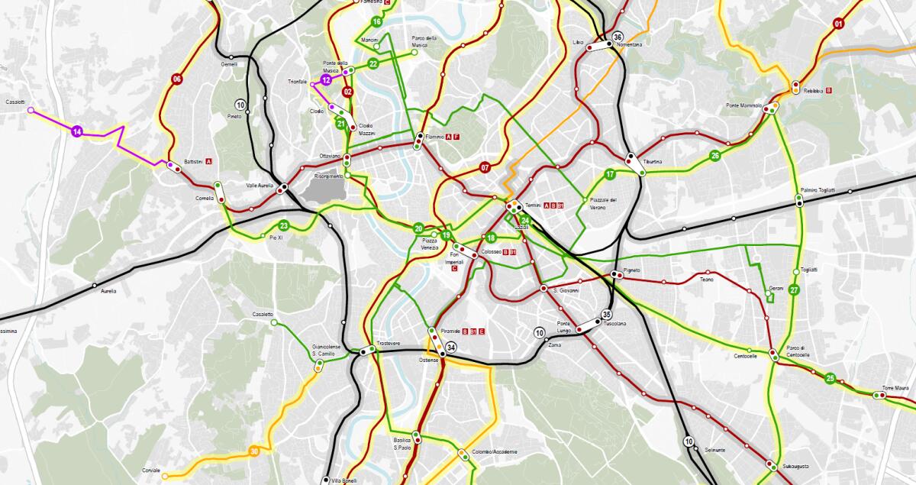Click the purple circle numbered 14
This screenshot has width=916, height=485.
(x=77, y=132)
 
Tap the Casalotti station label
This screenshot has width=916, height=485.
(x=15, y=102)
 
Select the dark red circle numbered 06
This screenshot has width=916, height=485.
(x=177, y=79)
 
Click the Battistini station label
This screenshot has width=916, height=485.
(x=193, y=161)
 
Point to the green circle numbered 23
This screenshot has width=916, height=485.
(x=283, y=225)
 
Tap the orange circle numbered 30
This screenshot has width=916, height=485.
(x=254, y=451)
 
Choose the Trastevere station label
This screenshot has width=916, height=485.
(x=389, y=344)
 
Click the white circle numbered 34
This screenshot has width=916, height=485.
(x=451, y=348)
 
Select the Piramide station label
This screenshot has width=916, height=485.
(x=450, y=331)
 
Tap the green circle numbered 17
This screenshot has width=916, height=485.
(x=610, y=174)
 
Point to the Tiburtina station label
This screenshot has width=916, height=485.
(x=653, y=162)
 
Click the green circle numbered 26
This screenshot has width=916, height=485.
(x=715, y=156)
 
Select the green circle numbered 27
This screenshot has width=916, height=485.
(x=794, y=289)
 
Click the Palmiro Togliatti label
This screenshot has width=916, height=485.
(x=818, y=189)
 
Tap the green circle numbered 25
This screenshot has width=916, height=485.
(x=831, y=377)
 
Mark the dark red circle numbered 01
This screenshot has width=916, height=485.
(x=838, y=24)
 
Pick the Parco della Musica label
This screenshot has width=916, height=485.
(x=424, y=41)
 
